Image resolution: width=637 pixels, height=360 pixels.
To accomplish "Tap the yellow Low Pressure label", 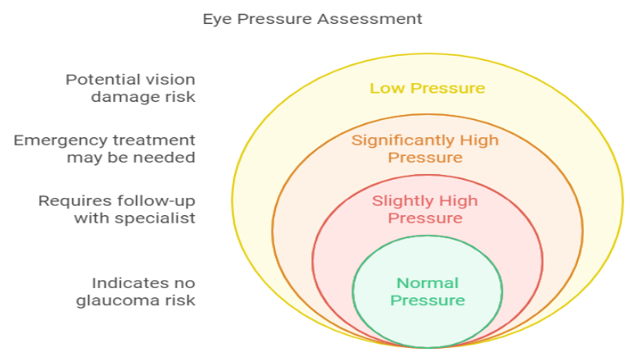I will click(427, 88).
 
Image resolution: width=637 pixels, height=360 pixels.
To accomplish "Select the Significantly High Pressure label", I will click(425, 148).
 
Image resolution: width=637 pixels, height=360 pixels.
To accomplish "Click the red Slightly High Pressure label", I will click(425, 209).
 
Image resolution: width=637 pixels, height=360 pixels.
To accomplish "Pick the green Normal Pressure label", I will click(427, 291).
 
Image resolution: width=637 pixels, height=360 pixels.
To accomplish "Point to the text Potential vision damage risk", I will click(131, 88).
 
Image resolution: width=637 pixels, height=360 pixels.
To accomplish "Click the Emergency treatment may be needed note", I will click(104, 148).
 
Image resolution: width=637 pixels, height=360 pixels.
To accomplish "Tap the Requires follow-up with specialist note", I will click(117, 209).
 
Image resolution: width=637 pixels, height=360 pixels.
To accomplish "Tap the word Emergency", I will click(57, 140).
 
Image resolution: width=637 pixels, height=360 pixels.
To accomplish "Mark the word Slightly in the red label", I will click(401, 201).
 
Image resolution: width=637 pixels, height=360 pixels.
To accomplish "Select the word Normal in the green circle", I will click(427, 283).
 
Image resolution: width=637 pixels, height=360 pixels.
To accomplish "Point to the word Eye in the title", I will click(213, 18).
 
